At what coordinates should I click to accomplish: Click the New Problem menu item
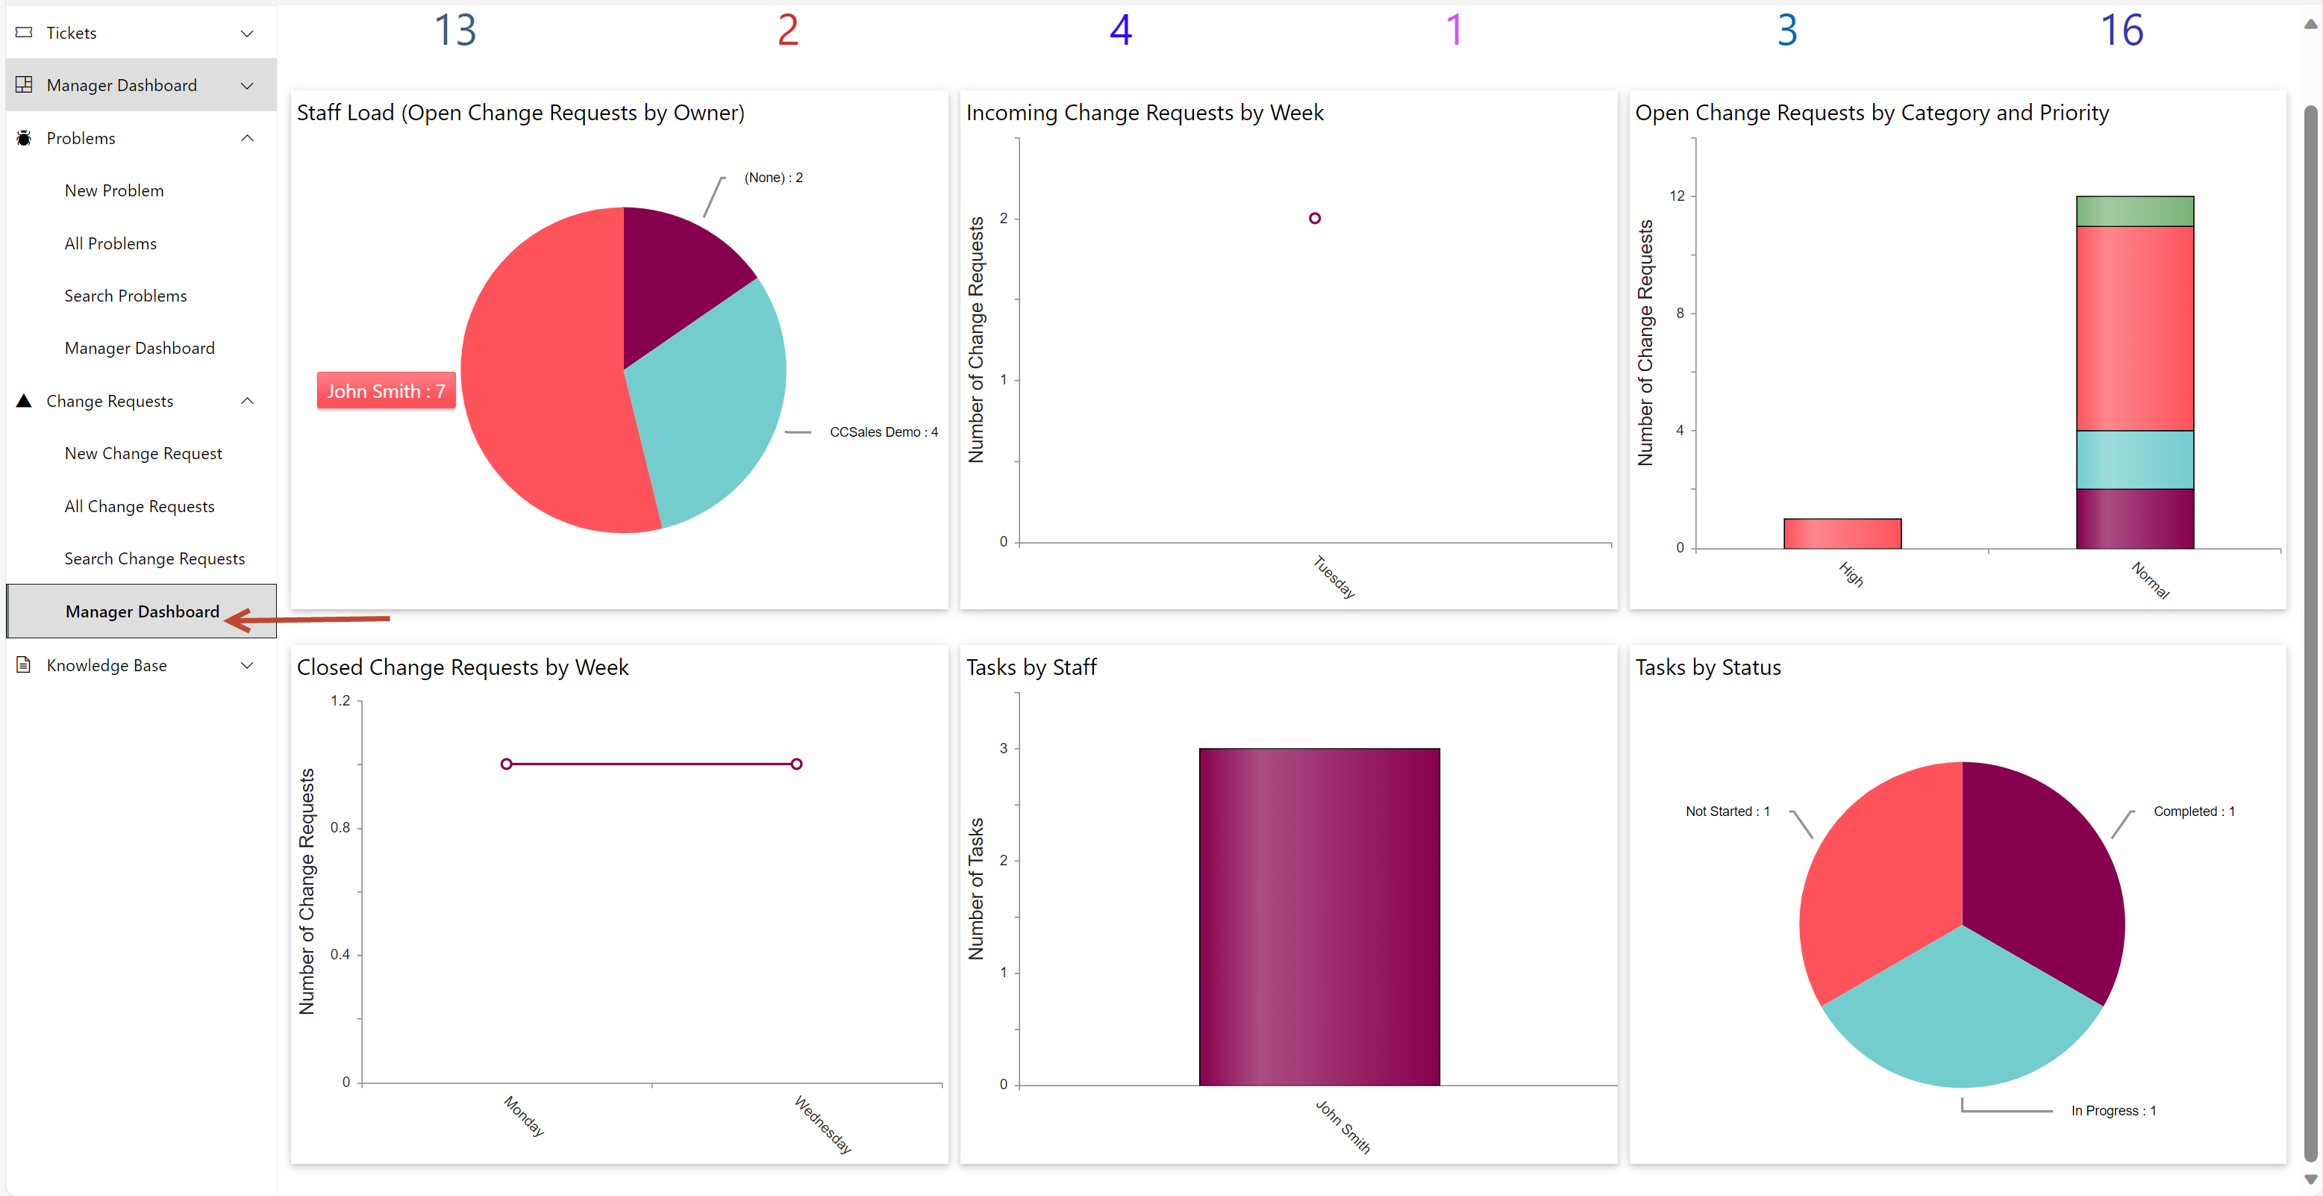click(113, 190)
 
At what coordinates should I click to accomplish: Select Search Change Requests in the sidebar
click(154, 558)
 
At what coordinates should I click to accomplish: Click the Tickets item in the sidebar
click(71, 32)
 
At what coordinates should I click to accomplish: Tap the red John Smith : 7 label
click(385, 390)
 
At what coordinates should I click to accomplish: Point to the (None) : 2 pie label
click(773, 178)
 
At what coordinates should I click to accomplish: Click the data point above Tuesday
click(1314, 218)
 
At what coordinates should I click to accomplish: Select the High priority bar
click(1842, 533)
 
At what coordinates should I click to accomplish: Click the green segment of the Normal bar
click(2133, 211)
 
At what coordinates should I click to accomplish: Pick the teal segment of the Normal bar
click(2133, 459)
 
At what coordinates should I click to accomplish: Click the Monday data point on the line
click(507, 764)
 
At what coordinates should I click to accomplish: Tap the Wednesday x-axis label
click(822, 1124)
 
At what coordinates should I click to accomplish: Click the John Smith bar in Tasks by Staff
click(1319, 915)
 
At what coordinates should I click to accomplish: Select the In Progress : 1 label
click(2112, 1110)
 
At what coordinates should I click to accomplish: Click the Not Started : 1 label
click(1727, 811)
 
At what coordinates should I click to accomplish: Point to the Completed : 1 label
click(2193, 811)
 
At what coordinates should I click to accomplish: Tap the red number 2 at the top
click(787, 31)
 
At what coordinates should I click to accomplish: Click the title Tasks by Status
click(1707, 667)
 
